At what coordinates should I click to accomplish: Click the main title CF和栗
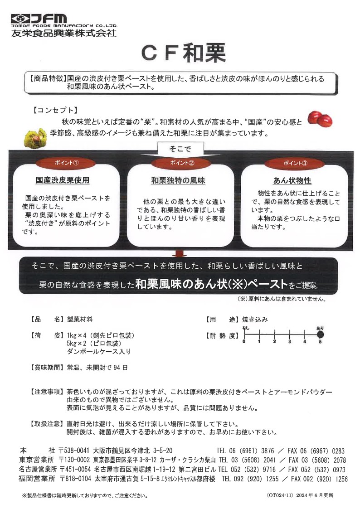(x=183, y=54)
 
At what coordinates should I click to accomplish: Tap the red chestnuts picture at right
(x=320, y=119)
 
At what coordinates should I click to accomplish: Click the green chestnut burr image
(x=35, y=136)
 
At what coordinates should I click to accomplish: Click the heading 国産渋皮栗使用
(x=63, y=180)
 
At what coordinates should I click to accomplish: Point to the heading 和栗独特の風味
(x=178, y=180)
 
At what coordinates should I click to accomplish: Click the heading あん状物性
(x=292, y=180)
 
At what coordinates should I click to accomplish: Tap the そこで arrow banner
(x=180, y=149)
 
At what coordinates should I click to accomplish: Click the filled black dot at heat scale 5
(x=320, y=334)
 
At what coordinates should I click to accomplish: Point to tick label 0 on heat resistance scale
(x=244, y=342)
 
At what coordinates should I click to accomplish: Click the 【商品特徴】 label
(x=47, y=78)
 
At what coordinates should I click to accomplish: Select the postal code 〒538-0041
(x=75, y=451)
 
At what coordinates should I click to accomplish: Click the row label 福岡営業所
(x=38, y=479)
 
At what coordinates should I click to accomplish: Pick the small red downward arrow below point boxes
(x=180, y=253)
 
